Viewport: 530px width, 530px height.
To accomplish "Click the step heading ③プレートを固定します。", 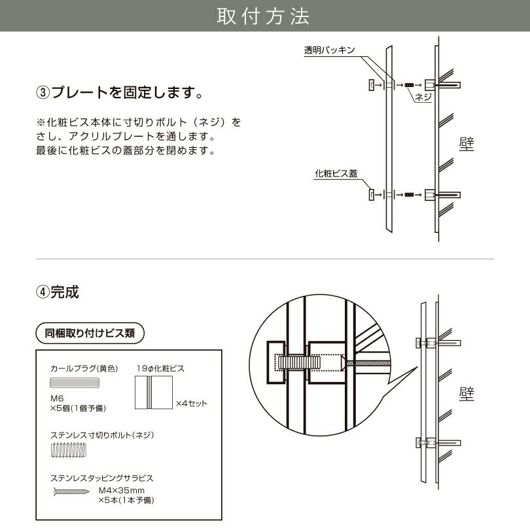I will (118, 92).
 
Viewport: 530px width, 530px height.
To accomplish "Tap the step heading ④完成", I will (57, 292).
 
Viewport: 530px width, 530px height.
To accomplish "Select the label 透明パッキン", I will (329, 50).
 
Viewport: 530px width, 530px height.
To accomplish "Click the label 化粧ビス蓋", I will (336, 173).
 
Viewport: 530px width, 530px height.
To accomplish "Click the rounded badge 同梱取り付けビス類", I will (90, 332).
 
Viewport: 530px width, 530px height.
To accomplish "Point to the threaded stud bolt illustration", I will (68, 450).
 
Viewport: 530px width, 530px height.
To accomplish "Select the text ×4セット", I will (191, 403).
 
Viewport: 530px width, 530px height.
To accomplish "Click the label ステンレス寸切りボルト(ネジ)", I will (101, 434).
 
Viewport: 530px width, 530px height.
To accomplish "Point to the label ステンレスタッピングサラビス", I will (101, 478).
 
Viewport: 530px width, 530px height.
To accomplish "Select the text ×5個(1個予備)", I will (78, 408).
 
